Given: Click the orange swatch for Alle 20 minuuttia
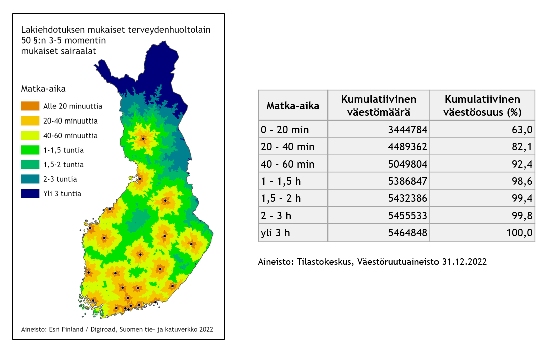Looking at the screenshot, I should pos(30,106).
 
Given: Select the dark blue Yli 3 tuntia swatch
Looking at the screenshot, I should pos(30,193).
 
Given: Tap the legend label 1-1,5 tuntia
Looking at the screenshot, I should pos(63,150).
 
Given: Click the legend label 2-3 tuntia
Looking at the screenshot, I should pos(60,179).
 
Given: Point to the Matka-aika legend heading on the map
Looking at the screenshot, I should pos(43,89).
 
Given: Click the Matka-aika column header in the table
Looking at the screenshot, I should pos(292,105).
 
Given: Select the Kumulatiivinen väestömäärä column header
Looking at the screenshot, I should pos(379,105).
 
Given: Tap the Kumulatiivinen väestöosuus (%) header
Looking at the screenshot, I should pos(482,105).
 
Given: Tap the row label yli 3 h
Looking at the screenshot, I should pos(275,232).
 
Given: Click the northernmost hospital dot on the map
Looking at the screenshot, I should pos(143,138).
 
